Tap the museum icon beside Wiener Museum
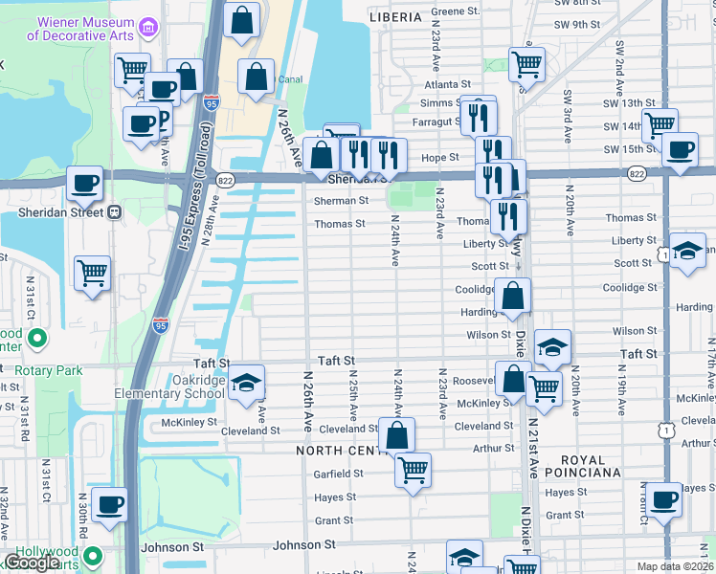[149, 27]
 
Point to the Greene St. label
[455, 11]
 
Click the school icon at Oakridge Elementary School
[246, 382]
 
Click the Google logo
[32, 563]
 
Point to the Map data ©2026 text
[676, 566]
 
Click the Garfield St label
[338, 474]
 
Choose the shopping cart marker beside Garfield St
[413, 469]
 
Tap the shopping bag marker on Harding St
[513, 297]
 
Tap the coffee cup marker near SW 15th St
[680, 149]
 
